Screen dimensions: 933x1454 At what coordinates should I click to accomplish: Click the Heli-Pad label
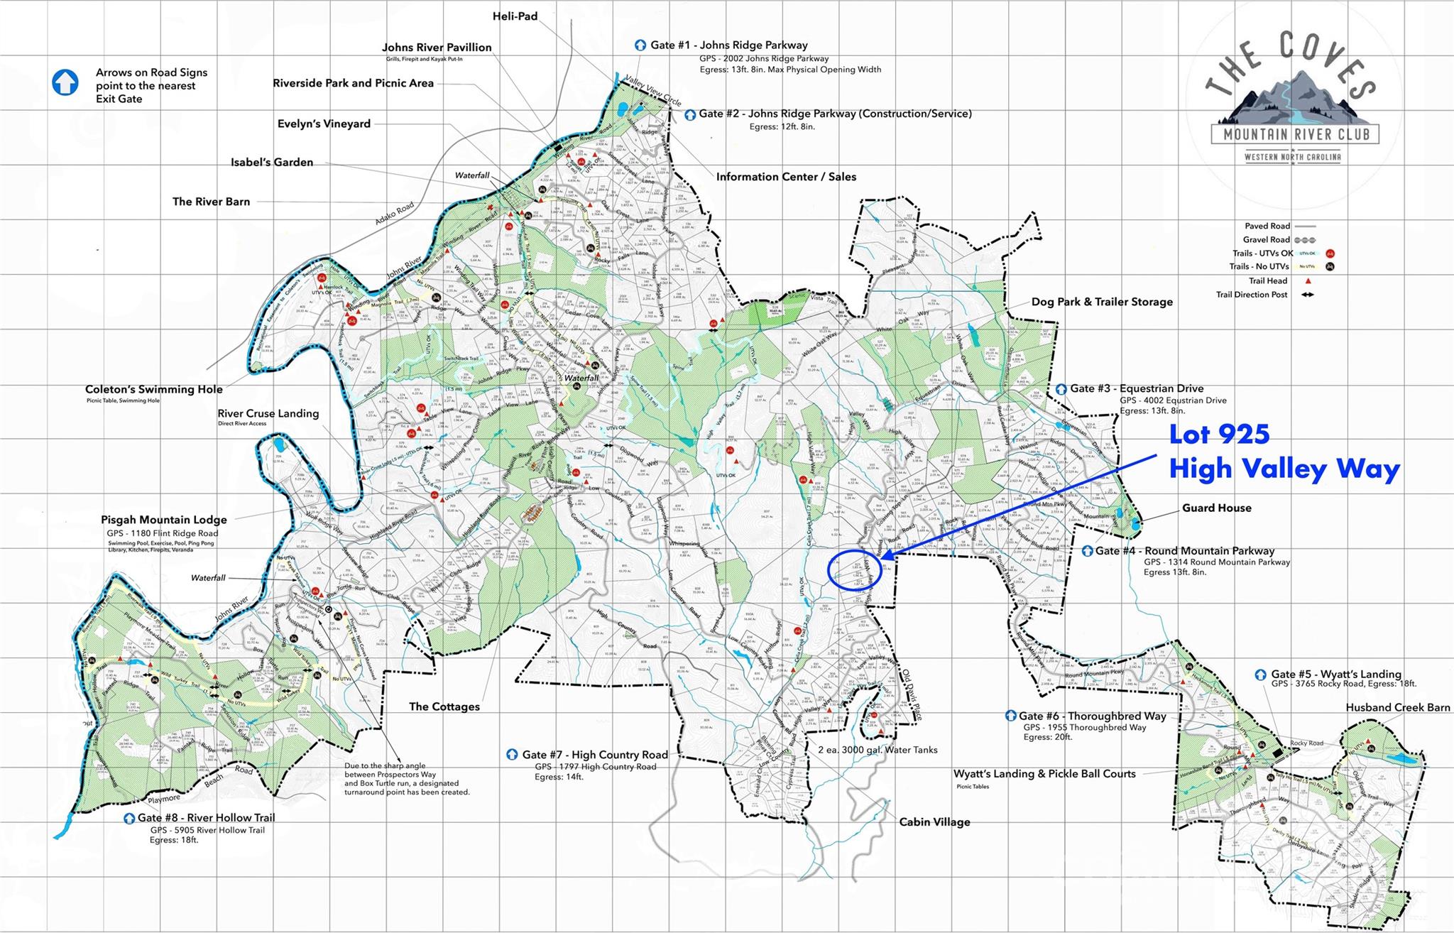tap(515, 16)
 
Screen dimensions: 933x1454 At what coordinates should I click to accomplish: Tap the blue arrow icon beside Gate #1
tap(640, 45)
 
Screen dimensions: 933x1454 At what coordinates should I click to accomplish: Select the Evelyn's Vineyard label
tap(324, 124)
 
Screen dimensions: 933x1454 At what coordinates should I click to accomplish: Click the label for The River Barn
tap(211, 202)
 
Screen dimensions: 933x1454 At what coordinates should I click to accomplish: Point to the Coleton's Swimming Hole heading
tap(153, 389)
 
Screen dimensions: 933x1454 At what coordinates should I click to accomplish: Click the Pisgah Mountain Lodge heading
tap(163, 520)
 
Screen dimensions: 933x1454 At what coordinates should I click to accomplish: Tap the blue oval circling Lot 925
tap(856, 570)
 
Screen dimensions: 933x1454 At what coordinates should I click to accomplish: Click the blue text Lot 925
tap(1219, 435)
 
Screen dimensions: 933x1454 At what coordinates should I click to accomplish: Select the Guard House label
tap(1216, 508)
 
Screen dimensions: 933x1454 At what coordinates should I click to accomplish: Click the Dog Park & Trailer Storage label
tap(1101, 302)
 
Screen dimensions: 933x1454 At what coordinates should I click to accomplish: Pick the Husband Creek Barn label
tap(1397, 707)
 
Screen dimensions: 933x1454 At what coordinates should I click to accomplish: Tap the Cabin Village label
tap(934, 822)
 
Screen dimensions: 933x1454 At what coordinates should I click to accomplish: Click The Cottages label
tap(444, 706)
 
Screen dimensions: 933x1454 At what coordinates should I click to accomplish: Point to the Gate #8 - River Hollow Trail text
tap(206, 817)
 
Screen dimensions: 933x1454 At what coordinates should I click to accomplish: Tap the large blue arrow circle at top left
tap(65, 82)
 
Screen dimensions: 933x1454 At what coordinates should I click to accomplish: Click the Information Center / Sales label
tap(786, 177)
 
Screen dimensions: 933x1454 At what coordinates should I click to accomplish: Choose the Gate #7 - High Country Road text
tap(594, 755)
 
